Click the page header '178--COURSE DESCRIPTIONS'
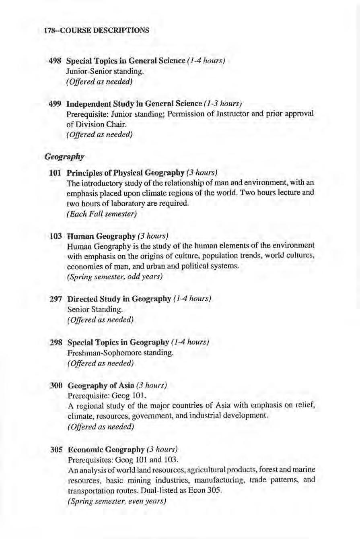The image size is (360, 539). [96, 30]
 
